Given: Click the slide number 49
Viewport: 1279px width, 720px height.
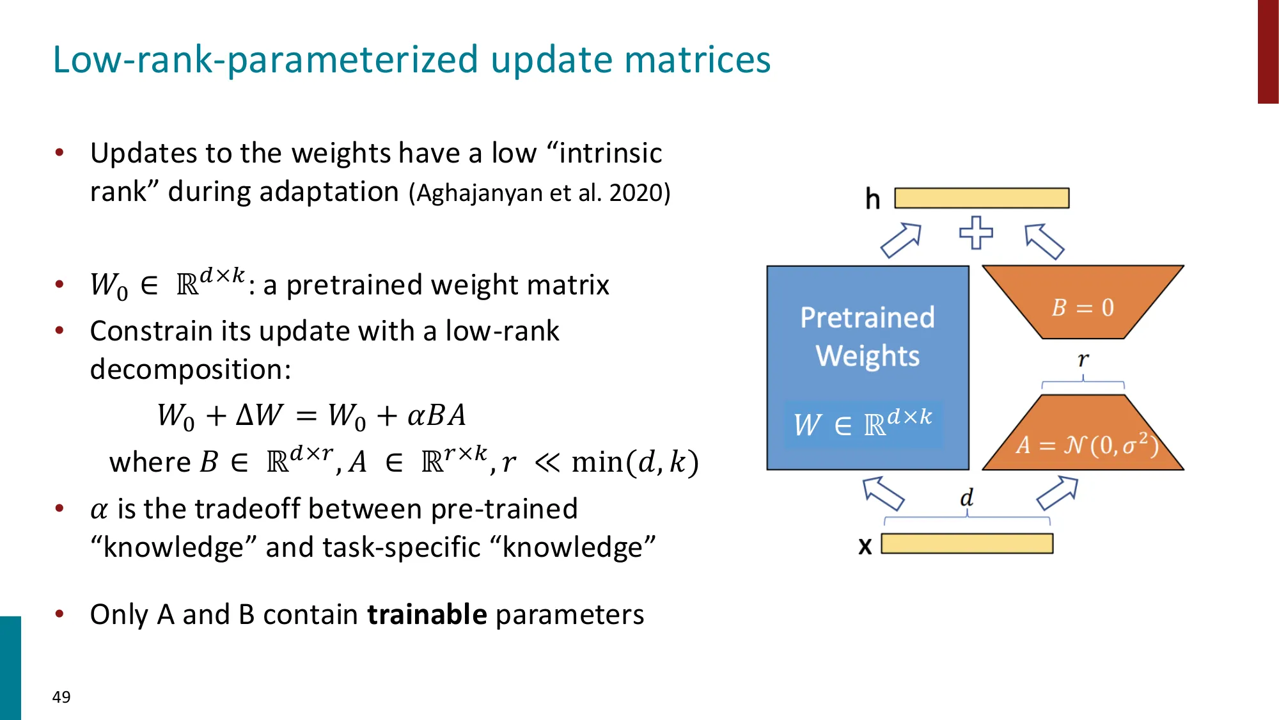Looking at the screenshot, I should click(61, 697).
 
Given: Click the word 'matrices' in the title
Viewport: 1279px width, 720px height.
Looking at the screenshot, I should click(697, 60).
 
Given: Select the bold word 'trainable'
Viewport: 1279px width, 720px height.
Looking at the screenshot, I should click(427, 614).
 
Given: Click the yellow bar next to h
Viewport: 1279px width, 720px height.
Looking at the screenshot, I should click(982, 198).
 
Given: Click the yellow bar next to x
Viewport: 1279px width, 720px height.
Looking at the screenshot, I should click(967, 543).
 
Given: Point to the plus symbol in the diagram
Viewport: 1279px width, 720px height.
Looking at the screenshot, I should click(976, 233).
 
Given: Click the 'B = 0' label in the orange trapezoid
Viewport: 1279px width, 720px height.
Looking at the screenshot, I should click(1083, 308).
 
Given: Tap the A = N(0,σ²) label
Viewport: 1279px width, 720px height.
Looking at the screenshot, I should click(1087, 445).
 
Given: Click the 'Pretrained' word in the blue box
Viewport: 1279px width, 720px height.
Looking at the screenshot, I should click(867, 317).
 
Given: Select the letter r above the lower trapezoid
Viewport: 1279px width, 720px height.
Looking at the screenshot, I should click(1083, 360).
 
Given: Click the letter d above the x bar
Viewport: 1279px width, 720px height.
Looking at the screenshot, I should click(966, 497).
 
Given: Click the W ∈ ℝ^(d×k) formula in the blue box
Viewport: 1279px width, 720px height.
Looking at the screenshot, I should click(863, 423).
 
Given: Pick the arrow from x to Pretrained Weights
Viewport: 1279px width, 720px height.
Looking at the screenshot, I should click(883, 493).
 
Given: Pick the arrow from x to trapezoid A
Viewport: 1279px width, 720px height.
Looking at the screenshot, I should click(1057, 492).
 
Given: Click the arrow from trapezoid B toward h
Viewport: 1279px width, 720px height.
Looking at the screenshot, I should click(1044, 241).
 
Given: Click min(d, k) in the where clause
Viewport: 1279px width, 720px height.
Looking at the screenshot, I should click(634, 462).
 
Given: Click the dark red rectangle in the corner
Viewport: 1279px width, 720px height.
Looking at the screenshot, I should click(1267, 51).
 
